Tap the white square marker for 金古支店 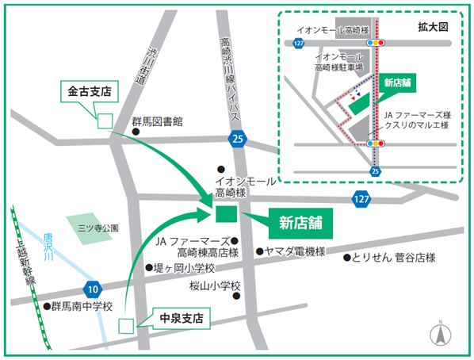point(103,121)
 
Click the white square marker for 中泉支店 point(124,324)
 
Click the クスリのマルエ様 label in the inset point(416,125)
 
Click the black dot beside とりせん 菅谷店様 point(346,257)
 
